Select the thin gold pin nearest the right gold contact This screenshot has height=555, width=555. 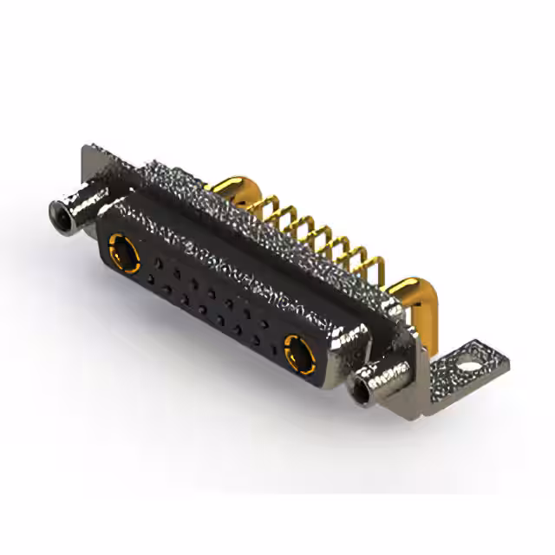375,265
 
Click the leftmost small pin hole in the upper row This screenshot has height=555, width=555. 157,261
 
